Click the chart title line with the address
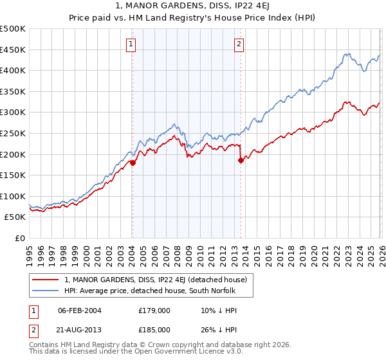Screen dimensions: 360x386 (193, 7)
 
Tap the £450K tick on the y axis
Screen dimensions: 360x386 (13, 50)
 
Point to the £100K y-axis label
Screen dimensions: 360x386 (13, 196)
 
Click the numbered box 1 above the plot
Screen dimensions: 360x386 (131, 44)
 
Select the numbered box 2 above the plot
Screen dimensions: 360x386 (239, 44)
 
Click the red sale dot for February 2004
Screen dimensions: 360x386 (133, 163)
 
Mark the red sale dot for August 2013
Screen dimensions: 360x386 (241, 161)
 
